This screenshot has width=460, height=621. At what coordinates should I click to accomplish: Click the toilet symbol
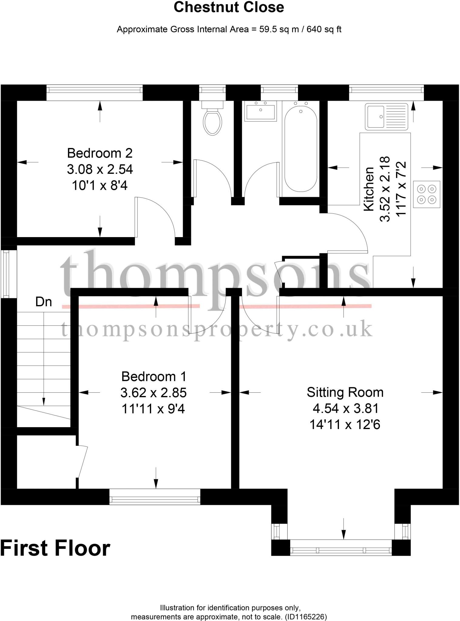click(212, 121)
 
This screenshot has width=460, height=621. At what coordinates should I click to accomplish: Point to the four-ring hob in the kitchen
click(426, 194)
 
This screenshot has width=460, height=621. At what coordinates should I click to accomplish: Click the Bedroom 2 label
click(100, 153)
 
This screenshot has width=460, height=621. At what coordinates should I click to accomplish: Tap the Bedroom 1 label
click(154, 376)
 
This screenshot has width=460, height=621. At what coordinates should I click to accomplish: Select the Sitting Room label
click(345, 392)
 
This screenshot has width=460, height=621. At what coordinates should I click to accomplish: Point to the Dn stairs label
click(43, 302)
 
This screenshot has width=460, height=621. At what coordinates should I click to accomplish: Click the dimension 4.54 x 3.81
click(346, 408)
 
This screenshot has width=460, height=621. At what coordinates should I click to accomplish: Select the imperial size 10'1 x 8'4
click(100, 185)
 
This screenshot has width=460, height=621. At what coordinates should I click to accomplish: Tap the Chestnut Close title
click(229, 7)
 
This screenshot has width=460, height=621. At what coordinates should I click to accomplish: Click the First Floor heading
click(55, 548)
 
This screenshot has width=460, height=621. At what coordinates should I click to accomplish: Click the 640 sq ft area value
click(324, 29)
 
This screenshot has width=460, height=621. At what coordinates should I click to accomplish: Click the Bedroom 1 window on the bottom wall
click(155, 496)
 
